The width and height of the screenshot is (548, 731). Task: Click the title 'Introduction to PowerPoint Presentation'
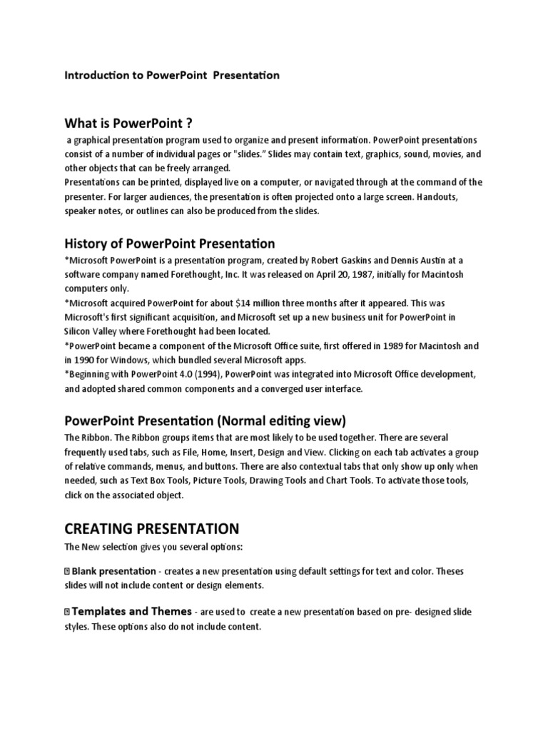coord(172,75)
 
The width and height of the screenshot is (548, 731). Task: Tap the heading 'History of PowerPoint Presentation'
coord(170,244)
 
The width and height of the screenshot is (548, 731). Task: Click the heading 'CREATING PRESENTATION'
coord(151,529)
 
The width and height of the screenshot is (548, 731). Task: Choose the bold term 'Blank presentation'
coord(113,571)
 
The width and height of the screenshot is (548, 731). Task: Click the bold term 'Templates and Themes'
coord(132,612)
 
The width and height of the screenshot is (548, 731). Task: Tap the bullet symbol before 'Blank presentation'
coord(67,572)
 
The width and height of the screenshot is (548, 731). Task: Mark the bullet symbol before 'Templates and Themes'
coord(67,612)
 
